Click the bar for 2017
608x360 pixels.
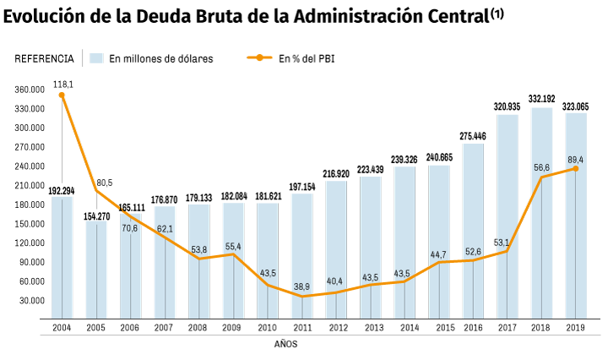[508, 215]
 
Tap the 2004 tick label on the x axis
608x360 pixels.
[62, 327]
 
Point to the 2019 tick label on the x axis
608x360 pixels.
[575, 327]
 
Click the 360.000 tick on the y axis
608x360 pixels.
[30, 90]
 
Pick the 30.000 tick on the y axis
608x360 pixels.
[32, 300]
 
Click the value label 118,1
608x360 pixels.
[64, 84]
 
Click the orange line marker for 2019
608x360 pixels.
[576, 168]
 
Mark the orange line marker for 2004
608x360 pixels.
[62, 95]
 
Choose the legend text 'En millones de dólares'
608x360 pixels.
[160, 58]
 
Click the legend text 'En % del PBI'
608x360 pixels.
[307, 58]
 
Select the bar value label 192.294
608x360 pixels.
[62, 190]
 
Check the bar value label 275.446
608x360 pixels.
[473, 135]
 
